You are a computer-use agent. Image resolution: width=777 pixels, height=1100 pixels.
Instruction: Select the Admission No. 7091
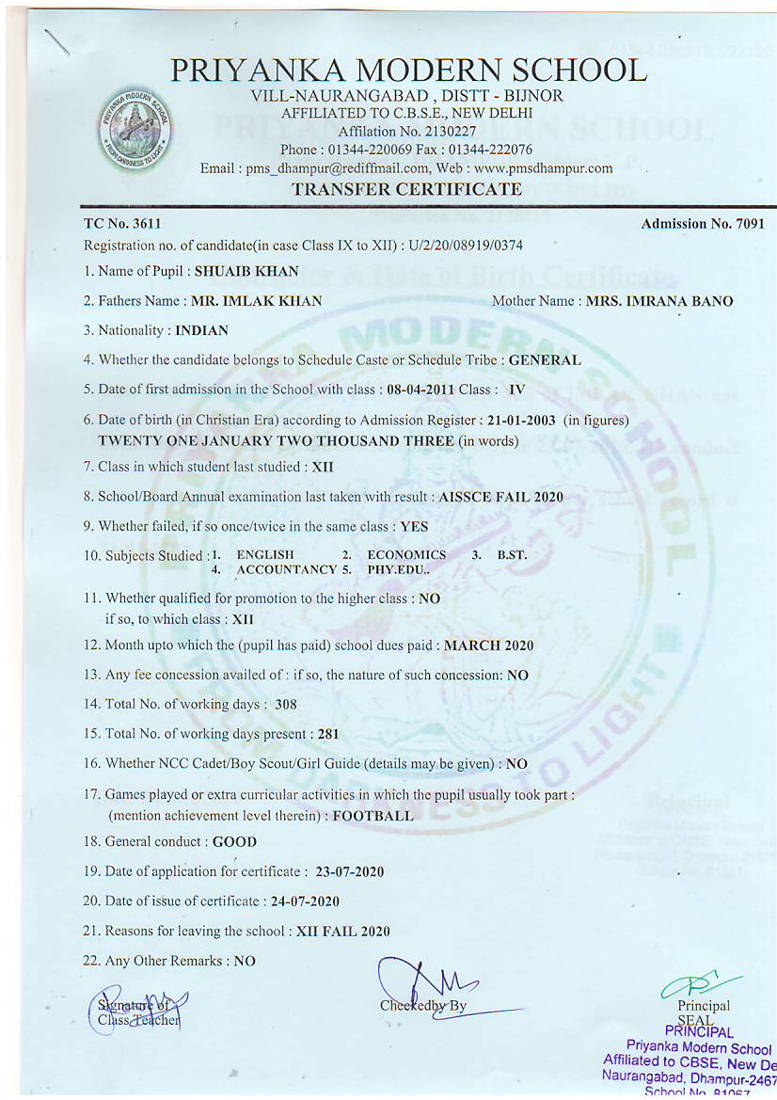[x=747, y=224]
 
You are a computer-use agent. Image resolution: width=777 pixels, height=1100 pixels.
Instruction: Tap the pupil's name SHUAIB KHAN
[x=246, y=272]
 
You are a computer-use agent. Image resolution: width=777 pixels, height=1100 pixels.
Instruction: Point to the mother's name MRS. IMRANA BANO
[x=659, y=302]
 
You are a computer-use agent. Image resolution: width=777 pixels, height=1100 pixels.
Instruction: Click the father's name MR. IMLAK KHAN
[x=257, y=302]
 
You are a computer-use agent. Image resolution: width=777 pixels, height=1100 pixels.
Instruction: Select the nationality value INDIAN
[x=201, y=331]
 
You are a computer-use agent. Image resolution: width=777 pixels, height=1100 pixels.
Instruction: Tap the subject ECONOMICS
[x=406, y=555]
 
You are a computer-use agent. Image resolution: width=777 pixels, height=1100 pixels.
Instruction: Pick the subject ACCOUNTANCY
[x=286, y=569]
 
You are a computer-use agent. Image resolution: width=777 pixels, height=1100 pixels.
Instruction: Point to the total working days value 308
[x=287, y=704]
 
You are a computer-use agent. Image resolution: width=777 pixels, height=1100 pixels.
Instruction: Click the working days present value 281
[x=327, y=734]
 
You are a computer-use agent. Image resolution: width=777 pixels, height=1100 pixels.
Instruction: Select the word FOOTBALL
[x=373, y=817]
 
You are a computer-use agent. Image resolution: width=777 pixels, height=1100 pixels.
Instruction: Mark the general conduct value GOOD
[x=234, y=842]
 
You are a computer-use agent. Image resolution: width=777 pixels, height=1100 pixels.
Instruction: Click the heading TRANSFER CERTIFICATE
[x=406, y=189]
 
